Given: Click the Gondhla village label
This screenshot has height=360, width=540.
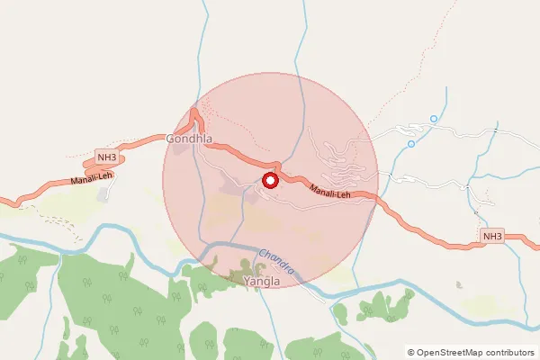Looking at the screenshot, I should click(x=189, y=139).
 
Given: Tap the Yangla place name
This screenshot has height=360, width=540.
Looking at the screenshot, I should click(x=262, y=282).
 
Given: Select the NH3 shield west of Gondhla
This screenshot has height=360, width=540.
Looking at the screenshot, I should click(x=107, y=159).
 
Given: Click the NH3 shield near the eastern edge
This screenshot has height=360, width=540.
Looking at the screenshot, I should click(x=491, y=237).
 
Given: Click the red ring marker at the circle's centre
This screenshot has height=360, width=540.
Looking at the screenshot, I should click(x=269, y=181).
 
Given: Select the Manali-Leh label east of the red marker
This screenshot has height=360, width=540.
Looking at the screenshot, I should click(x=329, y=191).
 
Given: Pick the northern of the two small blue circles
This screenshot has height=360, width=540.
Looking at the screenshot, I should click(x=434, y=119).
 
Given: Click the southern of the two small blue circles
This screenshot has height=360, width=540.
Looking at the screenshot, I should click(x=411, y=143).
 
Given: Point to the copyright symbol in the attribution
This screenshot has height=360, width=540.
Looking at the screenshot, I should click(x=411, y=352).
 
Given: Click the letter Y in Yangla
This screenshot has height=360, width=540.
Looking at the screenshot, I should click(x=247, y=282).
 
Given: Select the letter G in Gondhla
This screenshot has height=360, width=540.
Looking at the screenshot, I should click(x=171, y=139).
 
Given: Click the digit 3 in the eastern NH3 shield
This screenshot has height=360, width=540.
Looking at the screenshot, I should click(x=498, y=237).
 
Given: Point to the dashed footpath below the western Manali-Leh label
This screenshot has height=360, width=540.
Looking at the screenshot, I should click(x=54, y=217).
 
